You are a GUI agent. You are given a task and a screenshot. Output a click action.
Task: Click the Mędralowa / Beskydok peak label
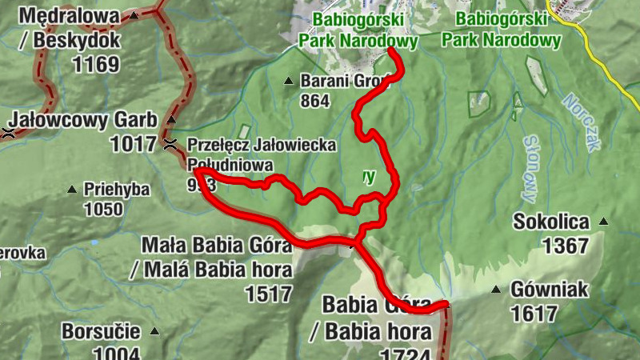point(70,26)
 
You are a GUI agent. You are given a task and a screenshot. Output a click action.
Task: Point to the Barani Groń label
point(345,80)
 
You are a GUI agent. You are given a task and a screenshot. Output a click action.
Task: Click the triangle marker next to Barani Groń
point(289,80)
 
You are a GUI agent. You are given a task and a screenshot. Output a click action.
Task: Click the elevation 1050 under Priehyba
point(103,210)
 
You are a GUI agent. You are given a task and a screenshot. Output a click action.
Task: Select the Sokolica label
point(552,222)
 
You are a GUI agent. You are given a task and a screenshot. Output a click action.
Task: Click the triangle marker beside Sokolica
point(603,222)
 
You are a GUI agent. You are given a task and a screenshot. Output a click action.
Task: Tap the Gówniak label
point(548,290)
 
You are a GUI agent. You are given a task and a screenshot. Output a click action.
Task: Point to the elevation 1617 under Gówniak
point(533,314)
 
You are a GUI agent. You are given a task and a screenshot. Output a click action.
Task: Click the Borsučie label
point(101,331)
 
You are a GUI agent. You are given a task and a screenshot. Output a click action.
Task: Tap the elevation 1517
point(269,294)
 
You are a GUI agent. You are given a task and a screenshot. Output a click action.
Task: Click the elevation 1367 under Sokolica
point(565,246)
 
